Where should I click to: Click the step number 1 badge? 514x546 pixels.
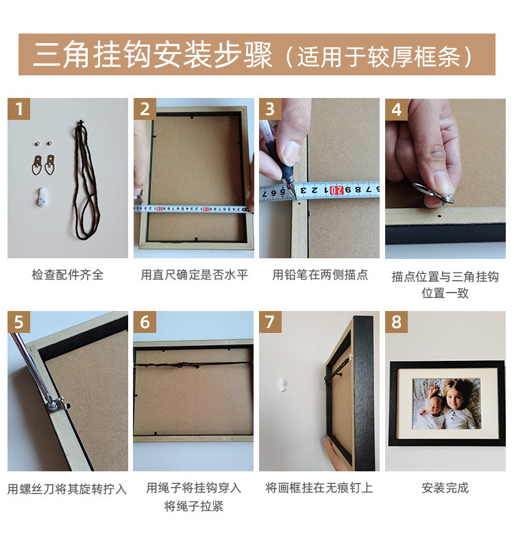click(19, 110)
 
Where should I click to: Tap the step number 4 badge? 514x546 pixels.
click(397, 110)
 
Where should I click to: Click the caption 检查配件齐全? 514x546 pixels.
click(68, 275)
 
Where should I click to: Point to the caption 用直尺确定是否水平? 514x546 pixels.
click(194, 275)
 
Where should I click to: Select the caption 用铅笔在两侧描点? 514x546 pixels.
click(320, 275)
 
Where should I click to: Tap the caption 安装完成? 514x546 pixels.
click(445, 488)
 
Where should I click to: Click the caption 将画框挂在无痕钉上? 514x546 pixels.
click(320, 488)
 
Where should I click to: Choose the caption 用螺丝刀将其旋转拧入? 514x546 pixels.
click(68, 488)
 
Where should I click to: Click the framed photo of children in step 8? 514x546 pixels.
click(445, 403)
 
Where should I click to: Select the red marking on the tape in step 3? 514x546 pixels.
click(336, 190)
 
